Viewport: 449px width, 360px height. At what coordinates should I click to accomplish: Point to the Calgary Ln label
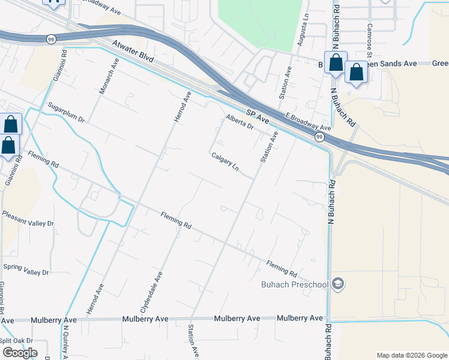225,162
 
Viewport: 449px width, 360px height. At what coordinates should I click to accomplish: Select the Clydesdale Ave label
151,292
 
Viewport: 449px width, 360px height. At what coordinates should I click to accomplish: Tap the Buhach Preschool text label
295,284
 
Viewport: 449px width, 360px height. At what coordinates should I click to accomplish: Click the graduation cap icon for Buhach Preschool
338,284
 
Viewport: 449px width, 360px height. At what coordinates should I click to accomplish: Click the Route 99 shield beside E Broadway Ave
319,137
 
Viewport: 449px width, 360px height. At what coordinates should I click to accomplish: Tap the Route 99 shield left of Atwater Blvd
50,38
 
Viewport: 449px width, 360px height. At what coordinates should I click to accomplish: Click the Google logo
20,353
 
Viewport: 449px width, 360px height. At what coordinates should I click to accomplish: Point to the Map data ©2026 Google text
411,355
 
